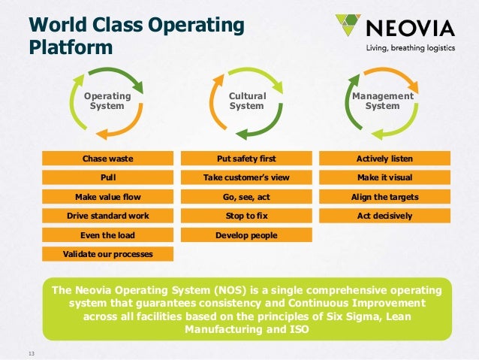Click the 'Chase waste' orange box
tap(107, 159)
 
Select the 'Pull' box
tap(107, 177)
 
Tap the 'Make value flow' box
tap(107, 197)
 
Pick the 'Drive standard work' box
tap(107, 216)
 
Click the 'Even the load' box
tap(107, 235)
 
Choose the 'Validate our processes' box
tap(107, 254)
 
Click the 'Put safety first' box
tap(246, 159)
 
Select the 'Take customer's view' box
tap(246, 177)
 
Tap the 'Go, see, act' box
tap(246, 197)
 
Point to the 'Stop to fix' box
tap(246, 216)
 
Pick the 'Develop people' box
tap(246, 235)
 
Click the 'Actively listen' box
tap(384, 159)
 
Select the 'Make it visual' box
tap(384, 177)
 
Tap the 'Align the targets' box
tap(384, 197)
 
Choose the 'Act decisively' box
tap(384, 216)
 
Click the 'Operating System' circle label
tap(107, 101)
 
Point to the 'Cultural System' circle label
tap(247, 101)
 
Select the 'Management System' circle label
tap(382, 101)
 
